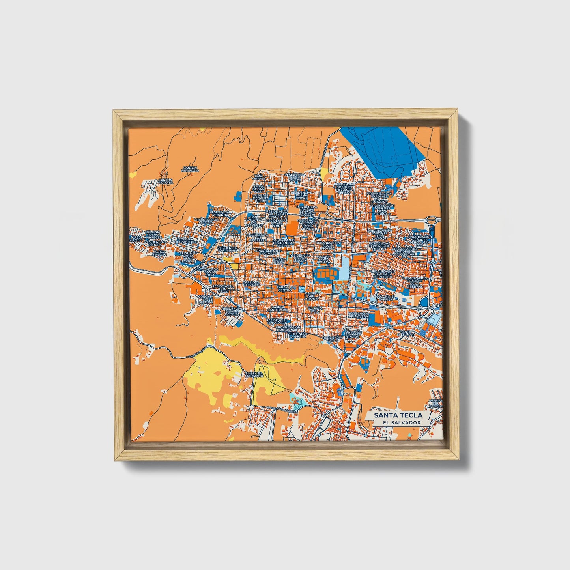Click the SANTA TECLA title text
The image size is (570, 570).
tap(398, 415)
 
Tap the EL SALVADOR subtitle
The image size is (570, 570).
tap(398, 422)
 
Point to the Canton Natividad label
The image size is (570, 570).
tap(190, 169)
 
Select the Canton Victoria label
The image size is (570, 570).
tap(165, 181)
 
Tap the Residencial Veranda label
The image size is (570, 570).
tap(220, 213)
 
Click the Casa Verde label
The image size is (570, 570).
tap(258, 177)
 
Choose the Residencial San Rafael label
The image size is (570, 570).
tap(228, 249)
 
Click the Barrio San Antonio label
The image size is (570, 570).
tap(310, 295)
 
